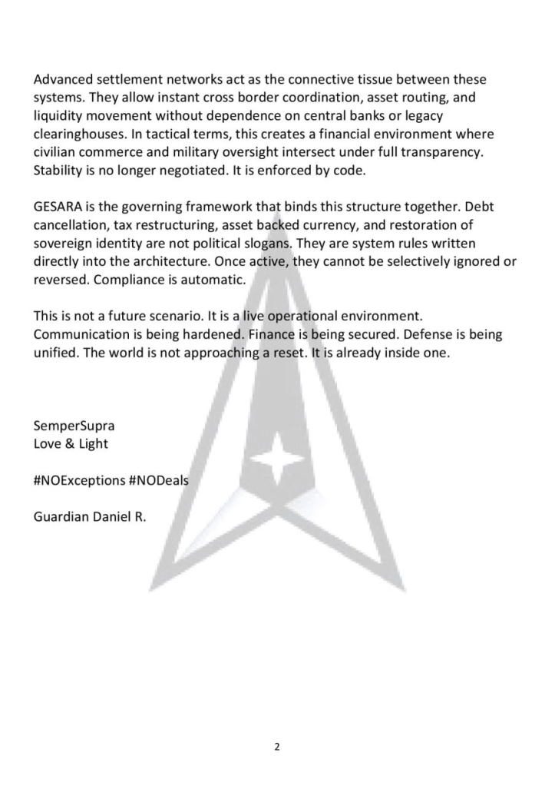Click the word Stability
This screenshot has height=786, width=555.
tap(60, 170)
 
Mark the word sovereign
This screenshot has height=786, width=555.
tap(62, 244)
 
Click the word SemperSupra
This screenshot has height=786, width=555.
tap(74, 425)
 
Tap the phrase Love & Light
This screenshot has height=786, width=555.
tap(71, 443)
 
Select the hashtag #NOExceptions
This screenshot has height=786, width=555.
tap(79, 480)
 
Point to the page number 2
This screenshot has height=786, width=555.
tap(276, 745)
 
